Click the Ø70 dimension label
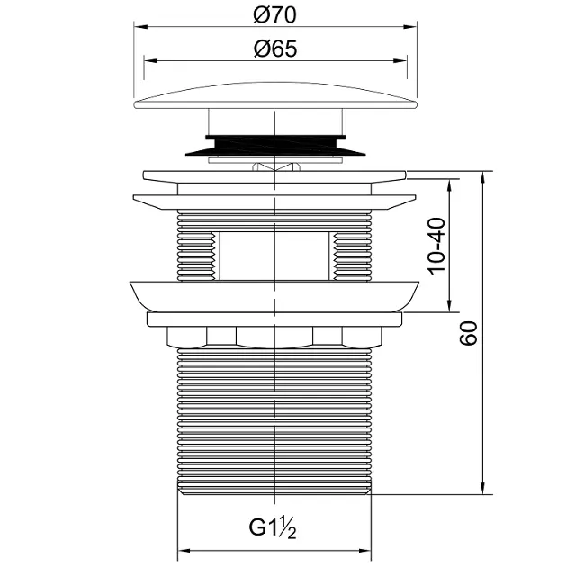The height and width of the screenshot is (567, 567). coord(274,15)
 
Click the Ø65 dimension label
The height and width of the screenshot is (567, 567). coord(275,49)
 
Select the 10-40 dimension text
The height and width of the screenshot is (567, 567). coord(436,246)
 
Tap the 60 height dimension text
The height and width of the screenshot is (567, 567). coord(469,333)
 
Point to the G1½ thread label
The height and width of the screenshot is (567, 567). coord(273,527)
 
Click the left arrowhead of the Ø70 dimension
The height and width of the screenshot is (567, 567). coord(141,27)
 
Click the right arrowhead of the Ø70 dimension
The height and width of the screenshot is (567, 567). coord(410,27)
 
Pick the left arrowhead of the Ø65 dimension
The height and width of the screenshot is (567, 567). coord(151,61)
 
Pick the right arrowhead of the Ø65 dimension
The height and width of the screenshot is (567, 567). coord(400,61)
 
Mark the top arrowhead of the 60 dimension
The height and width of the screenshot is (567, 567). coord(482,178)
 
